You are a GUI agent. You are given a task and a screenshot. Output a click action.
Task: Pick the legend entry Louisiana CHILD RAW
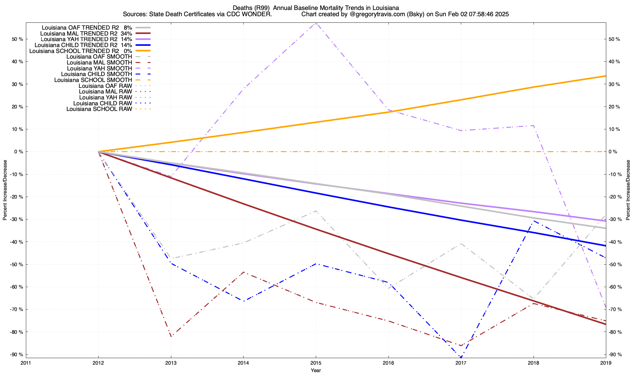click(x=103, y=103)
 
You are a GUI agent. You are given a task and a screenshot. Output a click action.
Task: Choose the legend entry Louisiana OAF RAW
click(x=105, y=86)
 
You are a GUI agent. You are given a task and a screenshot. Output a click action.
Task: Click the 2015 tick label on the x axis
click(x=316, y=363)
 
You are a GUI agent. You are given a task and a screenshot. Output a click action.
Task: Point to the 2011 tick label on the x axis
click(x=26, y=363)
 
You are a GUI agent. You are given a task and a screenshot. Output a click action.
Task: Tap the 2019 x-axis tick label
click(x=606, y=363)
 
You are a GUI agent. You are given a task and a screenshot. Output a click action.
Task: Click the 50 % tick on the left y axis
click(x=17, y=39)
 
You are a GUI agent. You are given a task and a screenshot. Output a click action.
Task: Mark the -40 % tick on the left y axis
click(x=17, y=242)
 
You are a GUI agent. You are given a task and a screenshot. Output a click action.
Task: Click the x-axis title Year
click(x=316, y=370)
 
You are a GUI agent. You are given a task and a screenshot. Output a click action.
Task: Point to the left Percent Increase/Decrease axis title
click(x=5, y=190)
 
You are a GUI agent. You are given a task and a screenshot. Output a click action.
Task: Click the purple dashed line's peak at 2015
click(x=316, y=23)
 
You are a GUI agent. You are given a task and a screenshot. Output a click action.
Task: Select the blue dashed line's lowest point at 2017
click(x=461, y=357)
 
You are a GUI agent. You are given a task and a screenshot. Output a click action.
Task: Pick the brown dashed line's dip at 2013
click(x=171, y=337)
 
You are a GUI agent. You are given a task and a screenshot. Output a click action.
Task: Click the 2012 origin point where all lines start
click(x=99, y=152)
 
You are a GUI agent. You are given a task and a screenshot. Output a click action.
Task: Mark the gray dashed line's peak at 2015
click(x=316, y=211)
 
